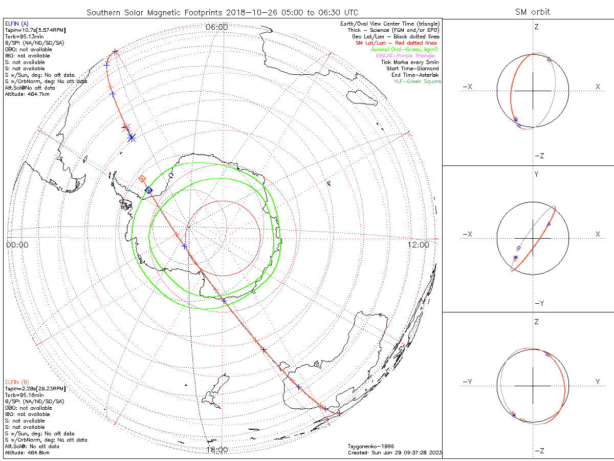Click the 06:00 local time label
coord(217,27)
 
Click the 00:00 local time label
coord(17,245)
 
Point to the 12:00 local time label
coord(419,245)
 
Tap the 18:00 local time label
coord(217,450)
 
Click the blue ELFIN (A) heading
coord(17,24)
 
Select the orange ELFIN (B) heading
coord(17,382)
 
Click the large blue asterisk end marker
coord(131,137)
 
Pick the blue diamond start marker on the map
coord(148,190)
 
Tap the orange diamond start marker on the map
coord(142,179)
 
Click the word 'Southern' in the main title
coord(104,12)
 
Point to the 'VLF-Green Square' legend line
coord(417,81)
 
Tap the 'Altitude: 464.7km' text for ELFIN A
coord(27,94)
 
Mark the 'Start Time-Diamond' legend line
coord(412,69)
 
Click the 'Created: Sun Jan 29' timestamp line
coord(394,453)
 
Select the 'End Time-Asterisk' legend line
coord(414,75)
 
